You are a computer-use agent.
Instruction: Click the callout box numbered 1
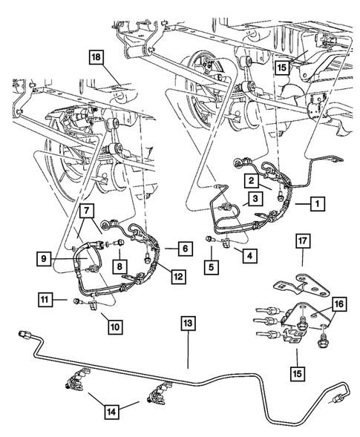pyautogui.click(x=317, y=202)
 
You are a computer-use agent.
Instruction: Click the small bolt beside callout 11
pyautogui.click(x=76, y=300)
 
